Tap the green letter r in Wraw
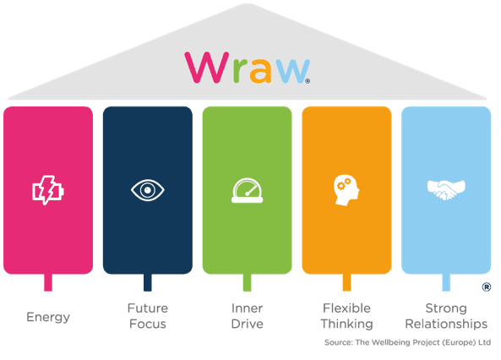240,71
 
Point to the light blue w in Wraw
292,71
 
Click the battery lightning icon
48,190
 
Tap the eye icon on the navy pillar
148,190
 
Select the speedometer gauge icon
247,190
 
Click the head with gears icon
346,190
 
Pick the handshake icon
446,190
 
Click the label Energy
48,317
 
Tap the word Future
148,308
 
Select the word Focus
148,324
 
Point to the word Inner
247,308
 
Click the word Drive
247,324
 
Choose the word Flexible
346,308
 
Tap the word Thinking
346,325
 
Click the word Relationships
446,325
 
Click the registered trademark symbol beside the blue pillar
487,287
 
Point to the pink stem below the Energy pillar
48,282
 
